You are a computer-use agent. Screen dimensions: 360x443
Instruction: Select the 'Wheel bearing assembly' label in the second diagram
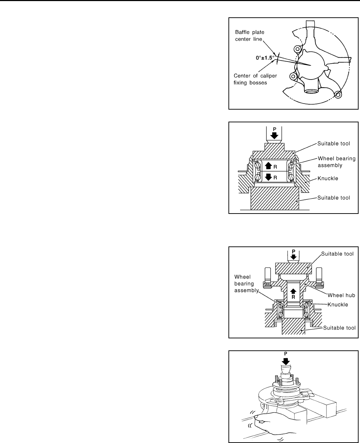pyautogui.click(x=337, y=162)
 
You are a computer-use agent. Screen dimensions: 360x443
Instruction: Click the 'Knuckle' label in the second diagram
pyautogui.click(x=328, y=178)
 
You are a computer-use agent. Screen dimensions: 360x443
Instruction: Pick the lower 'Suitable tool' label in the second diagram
pyautogui.click(x=334, y=198)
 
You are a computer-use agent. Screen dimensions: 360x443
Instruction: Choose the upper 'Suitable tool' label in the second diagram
pyautogui.click(x=334, y=144)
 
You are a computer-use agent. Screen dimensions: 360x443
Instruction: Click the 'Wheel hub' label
pyautogui.click(x=341, y=295)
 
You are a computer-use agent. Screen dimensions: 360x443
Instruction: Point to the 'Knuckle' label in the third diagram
pyautogui.click(x=338, y=304)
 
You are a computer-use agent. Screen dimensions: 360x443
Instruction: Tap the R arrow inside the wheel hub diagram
pyautogui.click(x=293, y=293)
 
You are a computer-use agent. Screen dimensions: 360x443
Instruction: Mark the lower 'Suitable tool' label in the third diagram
pyautogui.click(x=339, y=328)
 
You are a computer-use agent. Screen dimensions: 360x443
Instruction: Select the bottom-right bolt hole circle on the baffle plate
pyautogui.click(x=338, y=94)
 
